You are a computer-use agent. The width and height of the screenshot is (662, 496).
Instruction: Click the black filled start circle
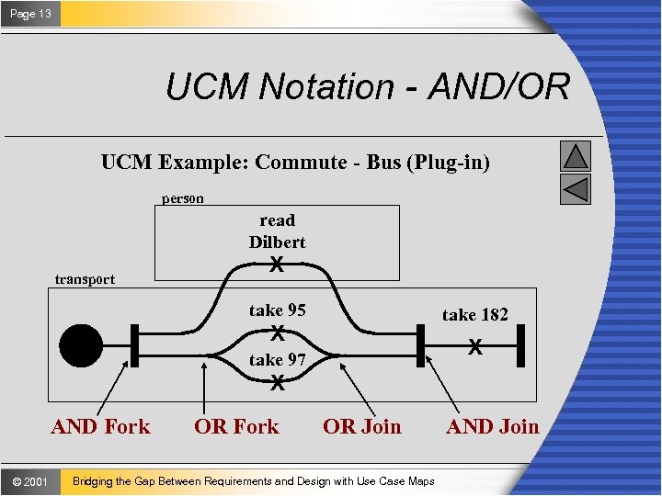click(x=81, y=346)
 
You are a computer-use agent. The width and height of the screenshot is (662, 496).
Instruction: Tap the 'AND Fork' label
click(x=100, y=426)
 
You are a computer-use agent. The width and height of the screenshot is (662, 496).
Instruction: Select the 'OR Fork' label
click(x=236, y=426)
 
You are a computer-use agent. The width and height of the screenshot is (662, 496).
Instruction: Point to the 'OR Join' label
click(x=362, y=426)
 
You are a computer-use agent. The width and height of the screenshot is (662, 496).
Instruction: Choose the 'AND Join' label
click(x=493, y=426)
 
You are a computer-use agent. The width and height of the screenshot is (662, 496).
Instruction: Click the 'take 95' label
click(x=277, y=310)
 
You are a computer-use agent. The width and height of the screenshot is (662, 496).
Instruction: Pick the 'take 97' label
click(x=277, y=359)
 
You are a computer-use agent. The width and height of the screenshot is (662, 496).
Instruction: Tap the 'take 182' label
click(x=474, y=315)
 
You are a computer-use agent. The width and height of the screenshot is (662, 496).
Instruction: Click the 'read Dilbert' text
click(x=277, y=231)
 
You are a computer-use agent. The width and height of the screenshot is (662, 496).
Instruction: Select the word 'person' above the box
click(x=183, y=198)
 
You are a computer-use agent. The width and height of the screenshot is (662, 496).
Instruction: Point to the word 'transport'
click(x=85, y=279)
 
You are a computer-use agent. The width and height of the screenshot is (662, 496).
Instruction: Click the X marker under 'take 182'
click(x=474, y=348)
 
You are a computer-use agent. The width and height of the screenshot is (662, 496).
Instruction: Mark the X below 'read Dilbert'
click(x=276, y=265)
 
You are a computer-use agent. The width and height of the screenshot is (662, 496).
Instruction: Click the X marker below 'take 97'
click(x=277, y=386)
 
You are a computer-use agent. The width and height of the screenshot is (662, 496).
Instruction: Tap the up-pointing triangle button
click(x=576, y=156)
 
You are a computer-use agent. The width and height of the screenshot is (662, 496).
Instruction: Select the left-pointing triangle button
click(x=576, y=189)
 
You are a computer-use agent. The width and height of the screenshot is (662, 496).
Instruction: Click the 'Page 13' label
click(x=30, y=13)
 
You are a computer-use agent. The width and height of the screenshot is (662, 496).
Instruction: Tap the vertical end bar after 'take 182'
click(x=520, y=345)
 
